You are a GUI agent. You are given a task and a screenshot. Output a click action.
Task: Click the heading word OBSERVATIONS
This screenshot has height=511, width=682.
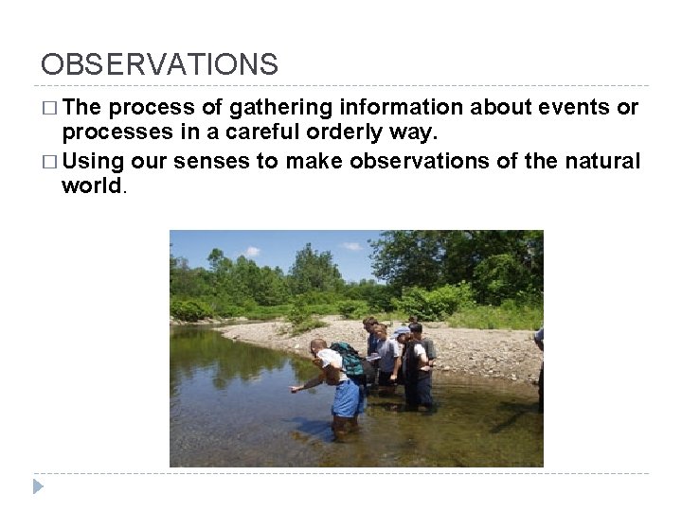pyautogui.click(x=159, y=64)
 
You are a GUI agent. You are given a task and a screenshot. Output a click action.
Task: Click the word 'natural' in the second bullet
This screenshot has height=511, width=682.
pyautogui.click(x=602, y=161)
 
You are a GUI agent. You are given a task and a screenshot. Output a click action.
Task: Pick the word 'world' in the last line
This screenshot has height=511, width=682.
pyautogui.click(x=91, y=185)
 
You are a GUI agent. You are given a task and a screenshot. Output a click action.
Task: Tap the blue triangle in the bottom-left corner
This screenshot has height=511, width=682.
pyautogui.click(x=38, y=486)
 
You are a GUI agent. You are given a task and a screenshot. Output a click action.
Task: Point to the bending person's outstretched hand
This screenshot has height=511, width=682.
pyautogui.click(x=296, y=389)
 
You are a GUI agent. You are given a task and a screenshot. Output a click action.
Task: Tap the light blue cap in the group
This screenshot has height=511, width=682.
pyautogui.click(x=402, y=332)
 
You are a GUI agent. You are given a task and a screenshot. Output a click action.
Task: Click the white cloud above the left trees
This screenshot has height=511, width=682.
pyautogui.click(x=252, y=252)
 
